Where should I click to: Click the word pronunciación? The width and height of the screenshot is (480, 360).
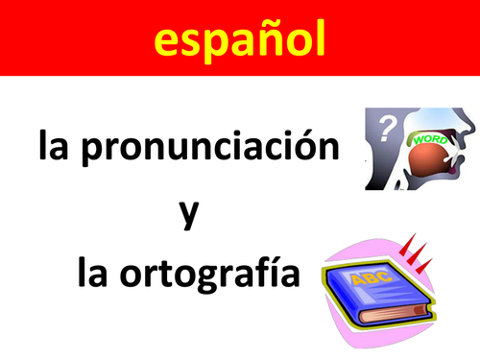point(218,150)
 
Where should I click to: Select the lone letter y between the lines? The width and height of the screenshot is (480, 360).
point(189,212)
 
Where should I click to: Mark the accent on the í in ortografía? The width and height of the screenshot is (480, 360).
point(268,256)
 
